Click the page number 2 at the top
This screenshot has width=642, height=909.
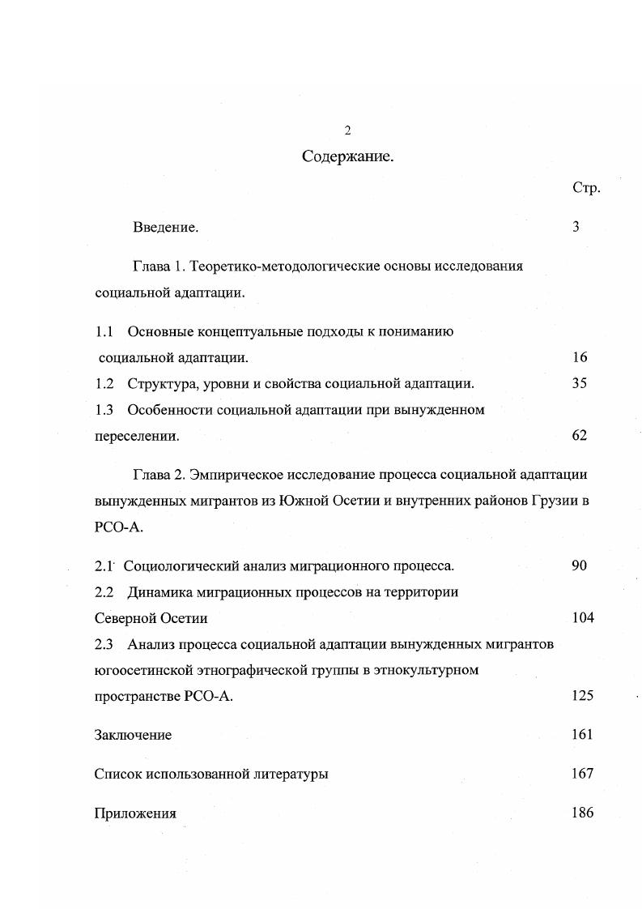click(x=347, y=130)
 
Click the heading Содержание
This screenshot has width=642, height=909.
click(x=347, y=156)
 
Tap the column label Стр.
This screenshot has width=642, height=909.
click(x=585, y=189)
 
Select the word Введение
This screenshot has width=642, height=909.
click(x=166, y=228)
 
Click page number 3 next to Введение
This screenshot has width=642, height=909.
click(x=576, y=227)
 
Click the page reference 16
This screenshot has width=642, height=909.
click(x=579, y=357)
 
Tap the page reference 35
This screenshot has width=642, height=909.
click(x=579, y=383)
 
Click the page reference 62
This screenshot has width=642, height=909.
click(x=579, y=435)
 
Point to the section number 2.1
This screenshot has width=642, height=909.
click(x=104, y=565)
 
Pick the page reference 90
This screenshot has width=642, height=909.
click(x=579, y=565)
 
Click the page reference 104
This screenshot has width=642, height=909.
click(x=582, y=618)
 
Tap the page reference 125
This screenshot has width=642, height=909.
click(x=582, y=696)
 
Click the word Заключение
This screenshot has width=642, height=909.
click(x=133, y=736)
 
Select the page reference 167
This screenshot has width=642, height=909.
click(x=582, y=774)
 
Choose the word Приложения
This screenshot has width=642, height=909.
click(x=135, y=813)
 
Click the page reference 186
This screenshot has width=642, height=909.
click(x=582, y=813)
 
